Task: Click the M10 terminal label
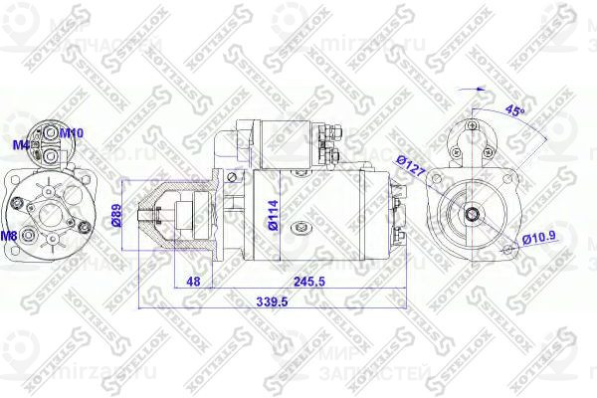pyautogui.click(x=72, y=132)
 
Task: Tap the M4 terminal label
pyautogui.click(x=19, y=145)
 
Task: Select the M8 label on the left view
pyautogui.click(x=8, y=236)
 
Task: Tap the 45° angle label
pyautogui.click(x=515, y=109)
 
